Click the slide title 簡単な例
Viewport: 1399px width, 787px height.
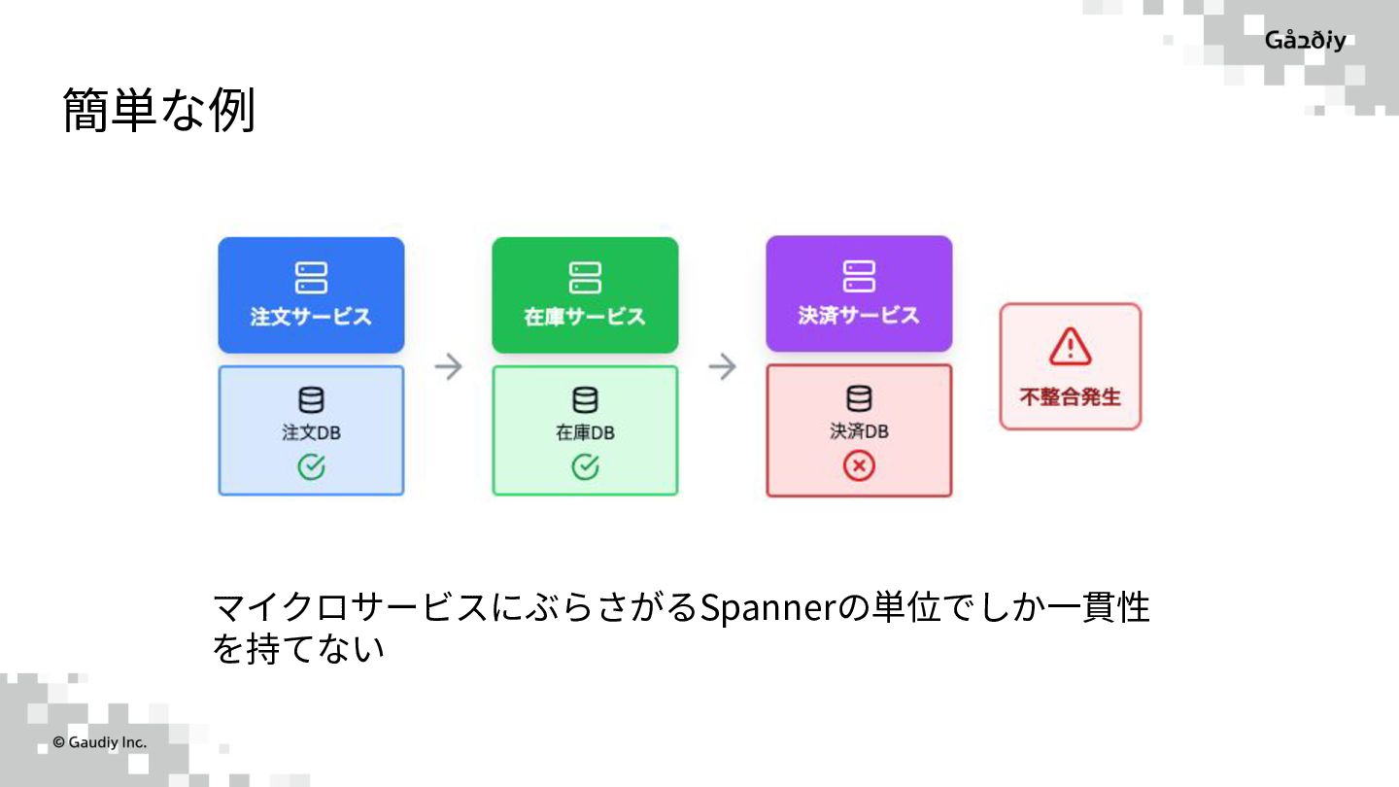[158, 110]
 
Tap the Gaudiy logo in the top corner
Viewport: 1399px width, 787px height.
[1305, 41]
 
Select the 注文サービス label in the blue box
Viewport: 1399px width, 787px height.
[311, 317]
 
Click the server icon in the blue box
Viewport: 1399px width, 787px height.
[311, 277]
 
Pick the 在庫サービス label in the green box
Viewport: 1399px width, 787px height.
[585, 317]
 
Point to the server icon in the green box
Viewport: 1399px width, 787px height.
[585, 277]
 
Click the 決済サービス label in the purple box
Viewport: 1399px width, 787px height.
[859, 316]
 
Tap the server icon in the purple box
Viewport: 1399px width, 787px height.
[859, 276]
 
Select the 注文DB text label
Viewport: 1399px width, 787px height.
[311, 432]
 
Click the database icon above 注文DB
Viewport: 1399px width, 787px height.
[311, 399]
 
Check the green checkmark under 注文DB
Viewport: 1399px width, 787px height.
[311, 467]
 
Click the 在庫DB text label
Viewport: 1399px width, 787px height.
[585, 432]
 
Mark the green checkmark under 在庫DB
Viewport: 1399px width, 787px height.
[585, 467]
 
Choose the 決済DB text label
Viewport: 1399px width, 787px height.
[859, 431]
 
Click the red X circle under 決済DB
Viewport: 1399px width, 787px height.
[859, 467]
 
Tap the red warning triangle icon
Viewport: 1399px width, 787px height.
[1070, 347]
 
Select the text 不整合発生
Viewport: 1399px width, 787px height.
[1070, 397]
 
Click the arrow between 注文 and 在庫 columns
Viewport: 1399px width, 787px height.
[448, 367]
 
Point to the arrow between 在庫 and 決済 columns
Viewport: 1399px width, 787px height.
[722, 367]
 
